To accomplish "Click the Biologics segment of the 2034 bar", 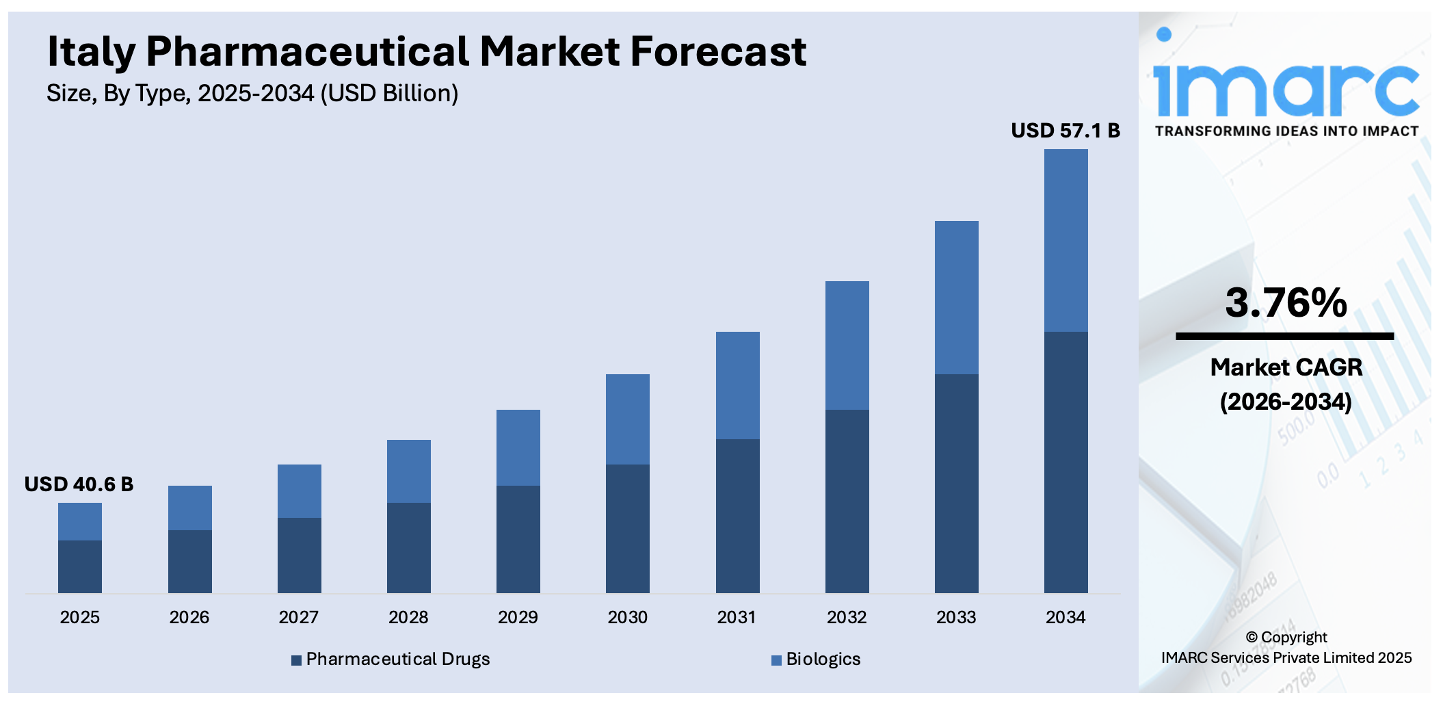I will pyautogui.click(x=1065, y=240).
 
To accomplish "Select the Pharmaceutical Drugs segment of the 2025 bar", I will pyautogui.click(x=80, y=566).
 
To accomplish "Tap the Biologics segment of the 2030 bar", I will pyautogui.click(x=627, y=419).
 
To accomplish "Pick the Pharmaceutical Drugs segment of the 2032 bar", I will pyautogui.click(x=847, y=501).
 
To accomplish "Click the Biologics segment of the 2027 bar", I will pyautogui.click(x=299, y=491).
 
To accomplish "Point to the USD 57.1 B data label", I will pyautogui.click(x=1065, y=131).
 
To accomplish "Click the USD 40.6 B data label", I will pyautogui.click(x=79, y=484).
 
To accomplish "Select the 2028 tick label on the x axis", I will pyautogui.click(x=408, y=617).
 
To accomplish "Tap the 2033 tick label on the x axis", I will pyautogui.click(x=955, y=617).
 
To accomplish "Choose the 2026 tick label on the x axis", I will pyautogui.click(x=189, y=617).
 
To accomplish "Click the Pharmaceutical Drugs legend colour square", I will pyautogui.click(x=296, y=660).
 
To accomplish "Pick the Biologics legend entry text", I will pyautogui.click(x=823, y=659).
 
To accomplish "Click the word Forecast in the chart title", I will pyautogui.click(x=717, y=52).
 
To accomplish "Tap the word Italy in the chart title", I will pyautogui.click(x=90, y=52).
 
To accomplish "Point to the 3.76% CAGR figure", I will pyautogui.click(x=1285, y=302).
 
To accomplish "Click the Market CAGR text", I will pyautogui.click(x=1286, y=367).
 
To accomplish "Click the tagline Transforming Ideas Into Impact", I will pyautogui.click(x=1286, y=131).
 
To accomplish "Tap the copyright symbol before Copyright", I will pyautogui.click(x=1252, y=637).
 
